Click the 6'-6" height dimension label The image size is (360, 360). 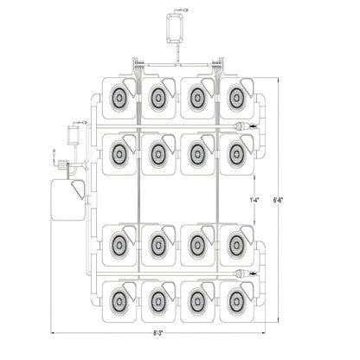click(x=278, y=199)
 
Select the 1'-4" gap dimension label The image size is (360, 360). click(x=254, y=200)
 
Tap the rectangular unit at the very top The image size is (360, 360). click(x=175, y=29)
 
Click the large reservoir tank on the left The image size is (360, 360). click(x=68, y=200)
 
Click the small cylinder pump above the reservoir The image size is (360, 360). click(x=74, y=135)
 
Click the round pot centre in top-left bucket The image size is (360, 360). click(x=119, y=98)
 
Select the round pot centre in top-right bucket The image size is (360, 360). click(x=237, y=98)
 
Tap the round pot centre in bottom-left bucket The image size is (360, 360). click(x=119, y=301)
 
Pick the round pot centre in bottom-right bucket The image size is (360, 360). click(x=237, y=301)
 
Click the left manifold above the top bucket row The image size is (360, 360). click(x=138, y=67)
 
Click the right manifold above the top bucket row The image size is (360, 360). click(x=218, y=67)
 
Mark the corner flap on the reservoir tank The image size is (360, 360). click(x=78, y=190)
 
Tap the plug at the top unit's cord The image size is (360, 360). click(x=186, y=10)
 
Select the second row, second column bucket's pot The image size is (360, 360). click(x=158, y=154)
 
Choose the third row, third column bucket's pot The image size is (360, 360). click(x=197, y=245)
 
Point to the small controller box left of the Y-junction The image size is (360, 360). click(x=62, y=165)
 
